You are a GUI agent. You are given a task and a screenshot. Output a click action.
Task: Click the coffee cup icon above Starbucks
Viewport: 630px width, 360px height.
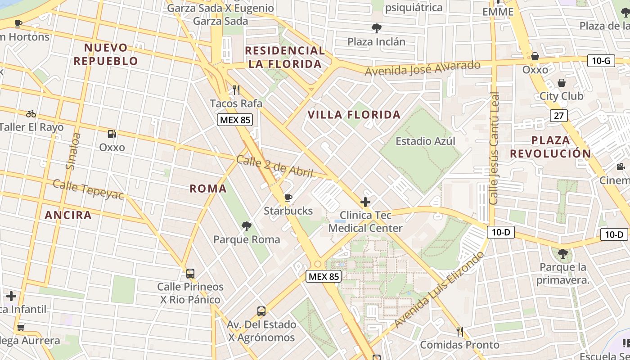pyautogui.click(x=288, y=198)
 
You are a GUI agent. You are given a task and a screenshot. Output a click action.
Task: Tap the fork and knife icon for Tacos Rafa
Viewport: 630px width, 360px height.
pyautogui.click(x=236, y=90)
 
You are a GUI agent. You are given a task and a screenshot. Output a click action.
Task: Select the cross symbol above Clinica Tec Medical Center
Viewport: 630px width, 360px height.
pyautogui.click(x=365, y=202)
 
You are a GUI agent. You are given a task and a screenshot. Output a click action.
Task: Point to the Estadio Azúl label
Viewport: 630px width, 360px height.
pyautogui.click(x=425, y=141)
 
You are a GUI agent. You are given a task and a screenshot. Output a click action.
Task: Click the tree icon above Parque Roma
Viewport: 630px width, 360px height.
pyautogui.click(x=246, y=226)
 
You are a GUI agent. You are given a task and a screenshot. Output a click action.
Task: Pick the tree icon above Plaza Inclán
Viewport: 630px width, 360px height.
pyautogui.click(x=376, y=28)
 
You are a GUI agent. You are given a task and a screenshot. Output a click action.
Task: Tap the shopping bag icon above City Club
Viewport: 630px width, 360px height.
pyautogui.click(x=562, y=83)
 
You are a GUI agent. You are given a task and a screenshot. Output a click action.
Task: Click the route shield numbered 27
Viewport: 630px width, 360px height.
pyautogui.click(x=558, y=116)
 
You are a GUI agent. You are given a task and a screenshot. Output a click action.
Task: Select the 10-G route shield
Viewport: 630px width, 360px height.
pyautogui.click(x=601, y=60)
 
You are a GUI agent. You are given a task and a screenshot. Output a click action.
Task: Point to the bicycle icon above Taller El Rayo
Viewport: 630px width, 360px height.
pyautogui.click(x=31, y=114)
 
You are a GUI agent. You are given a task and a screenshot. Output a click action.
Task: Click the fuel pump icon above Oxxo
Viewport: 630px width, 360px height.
pyautogui.click(x=112, y=134)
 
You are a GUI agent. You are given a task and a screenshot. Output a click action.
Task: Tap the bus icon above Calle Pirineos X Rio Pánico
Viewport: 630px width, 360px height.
pyautogui.click(x=190, y=273)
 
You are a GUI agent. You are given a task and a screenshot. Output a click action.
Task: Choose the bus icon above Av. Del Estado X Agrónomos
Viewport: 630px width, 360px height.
pyautogui.click(x=261, y=311)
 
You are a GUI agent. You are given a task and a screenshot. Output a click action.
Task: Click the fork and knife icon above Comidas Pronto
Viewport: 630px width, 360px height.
pyautogui.click(x=459, y=332)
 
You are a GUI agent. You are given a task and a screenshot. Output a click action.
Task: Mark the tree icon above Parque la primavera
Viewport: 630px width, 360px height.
pyautogui.click(x=562, y=254)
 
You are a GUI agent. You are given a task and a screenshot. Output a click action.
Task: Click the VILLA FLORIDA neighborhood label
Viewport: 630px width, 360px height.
pyautogui.click(x=354, y=115)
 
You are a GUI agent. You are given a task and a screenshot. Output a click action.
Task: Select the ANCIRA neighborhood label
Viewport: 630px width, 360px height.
pyautogui.click(x=68, y=215)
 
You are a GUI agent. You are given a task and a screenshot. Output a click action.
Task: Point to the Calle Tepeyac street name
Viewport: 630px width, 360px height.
pyautogui.click(x=88, y=189)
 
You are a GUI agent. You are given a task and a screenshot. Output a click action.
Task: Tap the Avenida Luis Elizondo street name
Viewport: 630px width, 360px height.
pyautogui.click(x=439, y=290)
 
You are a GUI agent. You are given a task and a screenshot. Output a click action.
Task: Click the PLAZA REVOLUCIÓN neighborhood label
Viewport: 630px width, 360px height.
pyautogui.click(x=550, y=147)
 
